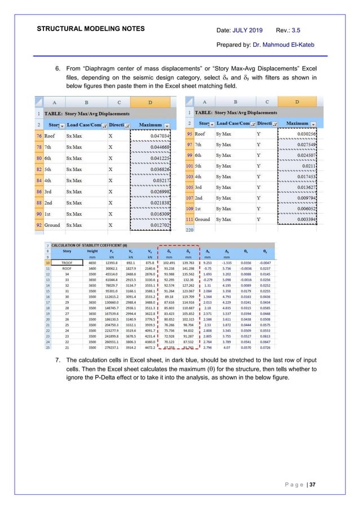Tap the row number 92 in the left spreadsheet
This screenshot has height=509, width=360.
38,226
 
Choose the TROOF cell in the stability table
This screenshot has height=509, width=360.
67,263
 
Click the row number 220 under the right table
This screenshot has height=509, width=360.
189,230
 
